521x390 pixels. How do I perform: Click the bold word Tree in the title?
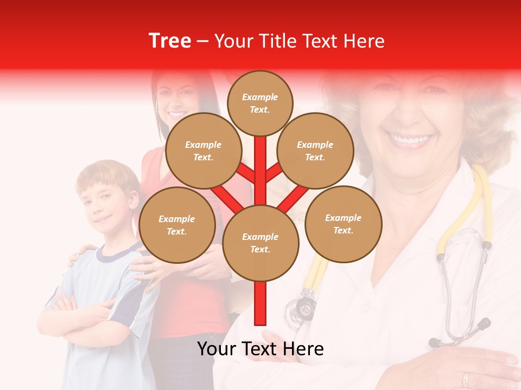[x=170, y=41]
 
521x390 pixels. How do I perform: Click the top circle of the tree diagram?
[x=260, y=103]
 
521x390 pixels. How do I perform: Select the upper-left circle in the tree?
[x=203, y=151]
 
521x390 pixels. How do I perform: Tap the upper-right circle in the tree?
[x=315, y=151]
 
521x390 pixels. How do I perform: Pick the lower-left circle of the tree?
[x=177, y=225]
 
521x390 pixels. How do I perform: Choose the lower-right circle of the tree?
[x=343, y=224]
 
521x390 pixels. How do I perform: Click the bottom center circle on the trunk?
[x=260, y=243]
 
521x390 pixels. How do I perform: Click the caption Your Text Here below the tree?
[x=260, y=349]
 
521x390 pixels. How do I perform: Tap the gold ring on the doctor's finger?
[x=465, y=379]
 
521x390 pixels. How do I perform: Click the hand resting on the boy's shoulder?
[x=79, y=255]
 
